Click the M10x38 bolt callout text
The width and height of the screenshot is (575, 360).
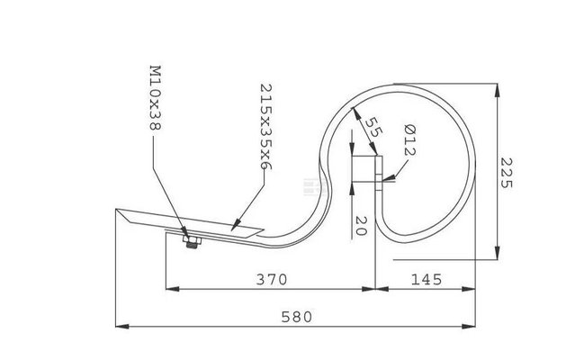click(x=156, y=98)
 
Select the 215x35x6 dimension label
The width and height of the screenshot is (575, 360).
click(x=265, y=127)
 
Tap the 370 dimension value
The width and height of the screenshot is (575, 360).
click(x=272, y=280)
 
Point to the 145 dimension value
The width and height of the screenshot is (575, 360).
click(x=427, y=280)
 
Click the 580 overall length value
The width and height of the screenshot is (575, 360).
click(x=297, y=317)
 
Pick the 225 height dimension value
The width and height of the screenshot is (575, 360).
click(x=506, y=173)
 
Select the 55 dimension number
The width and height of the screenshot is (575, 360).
click(x=374, y=127)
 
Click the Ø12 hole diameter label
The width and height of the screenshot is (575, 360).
click(x=409, y=140)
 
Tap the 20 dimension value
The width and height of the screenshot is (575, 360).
click(x=361, y=226)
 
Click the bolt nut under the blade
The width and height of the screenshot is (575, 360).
click(x=192, y=242)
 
